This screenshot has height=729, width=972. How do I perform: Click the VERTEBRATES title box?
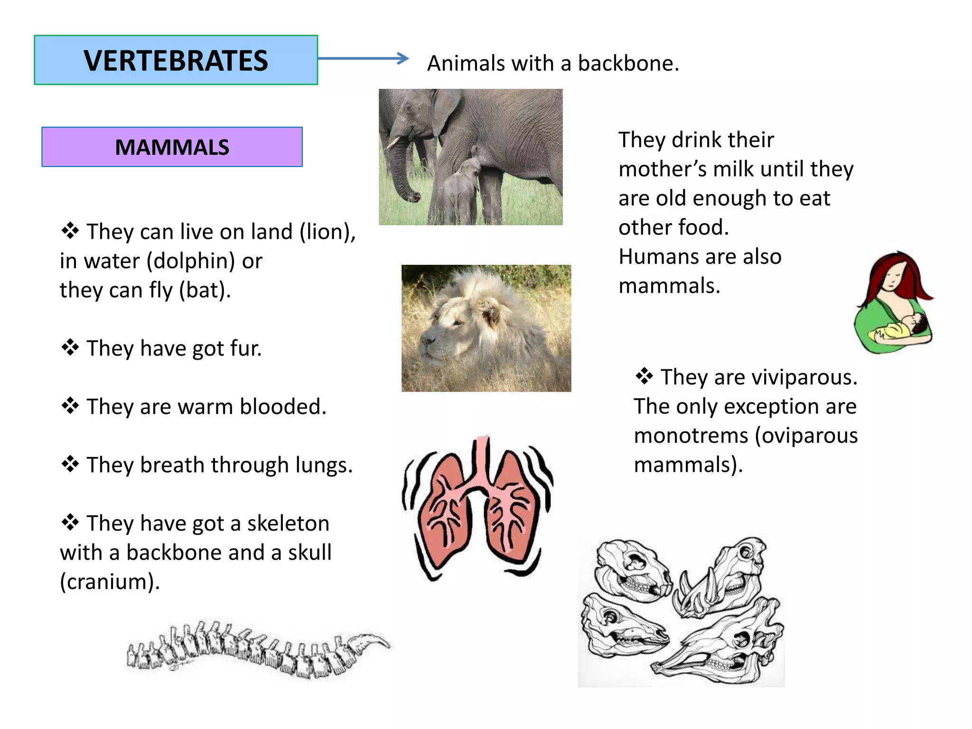pyautogui.click(x=176, y=60)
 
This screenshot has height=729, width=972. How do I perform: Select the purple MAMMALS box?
pyautogui.click(x=172, y=147)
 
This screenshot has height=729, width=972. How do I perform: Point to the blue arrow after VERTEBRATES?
pyautogui.click(x=363, y=58)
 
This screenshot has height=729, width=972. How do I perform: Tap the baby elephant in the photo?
pyautogui.click(x=460, y=185)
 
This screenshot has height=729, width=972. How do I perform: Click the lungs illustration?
pyautogui.click(x=477, y=508)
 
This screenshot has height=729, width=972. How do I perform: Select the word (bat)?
pyautogui.click(x=205, y=290)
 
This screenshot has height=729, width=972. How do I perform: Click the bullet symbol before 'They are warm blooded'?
pyautogui.click(x=70, y=406)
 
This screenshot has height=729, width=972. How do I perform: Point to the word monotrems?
pyautogui.click(x=691, y=436)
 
